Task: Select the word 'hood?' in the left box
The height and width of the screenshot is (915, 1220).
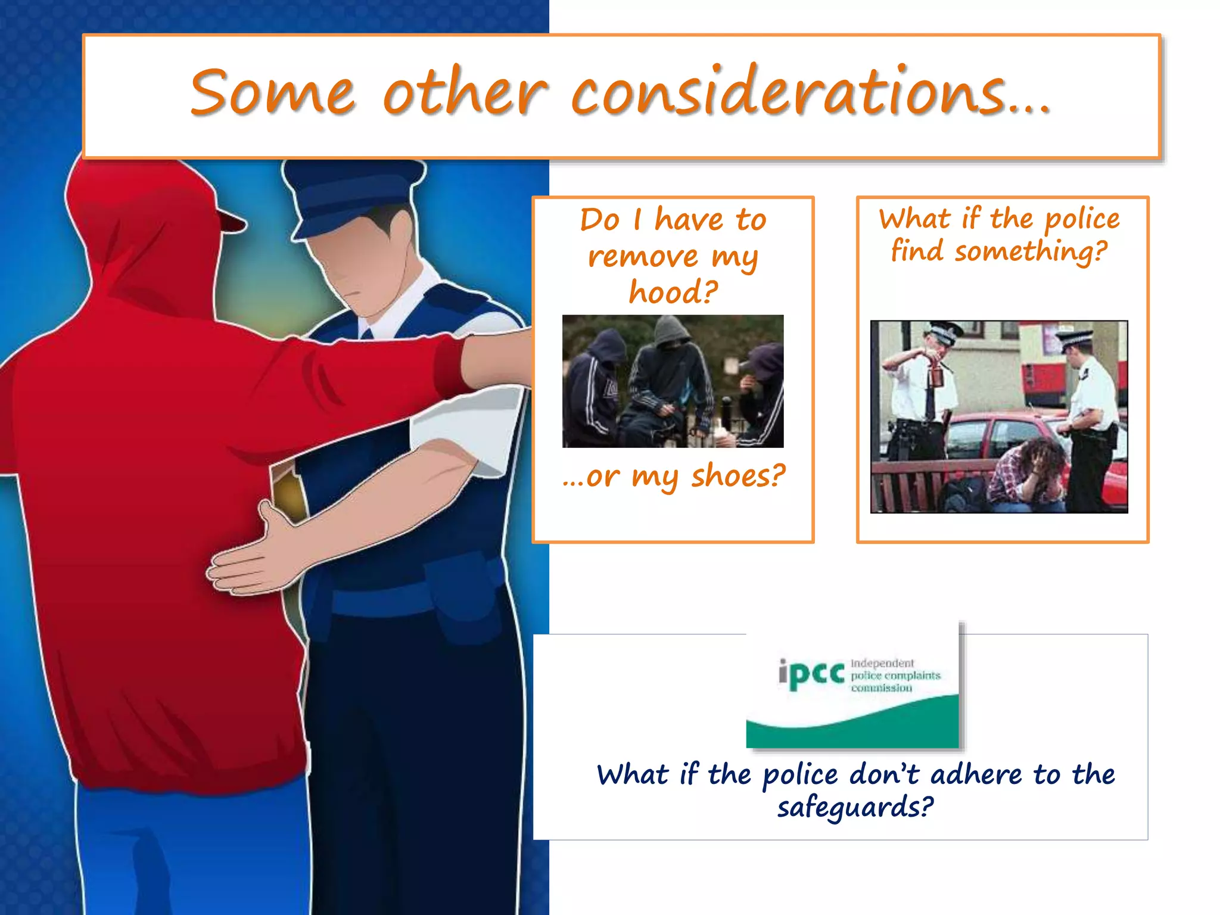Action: pyautogui.click(x=673, y=292)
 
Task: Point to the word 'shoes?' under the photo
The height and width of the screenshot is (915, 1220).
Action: pyautogui.click(x=738, y=477)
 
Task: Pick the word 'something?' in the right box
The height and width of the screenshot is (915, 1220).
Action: pyautogui.click(x=1031, y=251)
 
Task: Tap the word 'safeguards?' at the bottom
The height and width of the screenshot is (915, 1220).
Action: pyautogui.click(x=855, y=808)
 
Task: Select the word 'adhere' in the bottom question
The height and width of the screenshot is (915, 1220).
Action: pyautogui.click(x=976, y=775)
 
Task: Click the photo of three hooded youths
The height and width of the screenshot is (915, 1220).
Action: pyautogui.click(x=673, y=381)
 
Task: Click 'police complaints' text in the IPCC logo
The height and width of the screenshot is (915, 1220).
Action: pyautogui.click(x=895, y=676)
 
